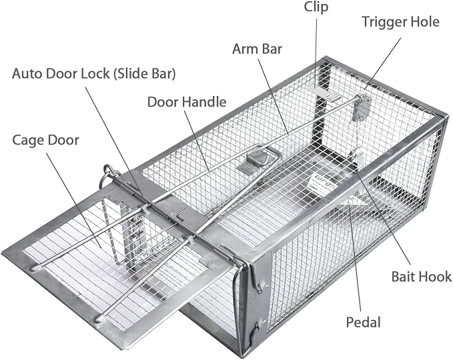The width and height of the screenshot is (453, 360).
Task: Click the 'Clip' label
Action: (x=316, y=7)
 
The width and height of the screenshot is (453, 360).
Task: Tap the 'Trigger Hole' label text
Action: (x=400, y=22)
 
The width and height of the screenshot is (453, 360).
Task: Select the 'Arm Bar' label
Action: (x=257, y=49)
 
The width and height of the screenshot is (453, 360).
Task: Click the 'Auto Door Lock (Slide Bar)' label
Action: (x=94, y=73)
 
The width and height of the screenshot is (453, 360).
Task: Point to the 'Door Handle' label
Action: (x=187, y=102)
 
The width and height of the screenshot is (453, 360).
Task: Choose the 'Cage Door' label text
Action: (x=45, y=141)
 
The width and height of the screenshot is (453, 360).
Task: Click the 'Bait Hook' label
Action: (x=422, y=276)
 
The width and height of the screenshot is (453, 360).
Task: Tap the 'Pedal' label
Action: (x=363, y=322)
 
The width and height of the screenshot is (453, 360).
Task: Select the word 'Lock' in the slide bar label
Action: (x=95, y=73)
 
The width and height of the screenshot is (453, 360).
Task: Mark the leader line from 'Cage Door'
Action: (x=73, y=200)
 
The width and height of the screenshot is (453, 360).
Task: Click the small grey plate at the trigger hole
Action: (x=361, y=109)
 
